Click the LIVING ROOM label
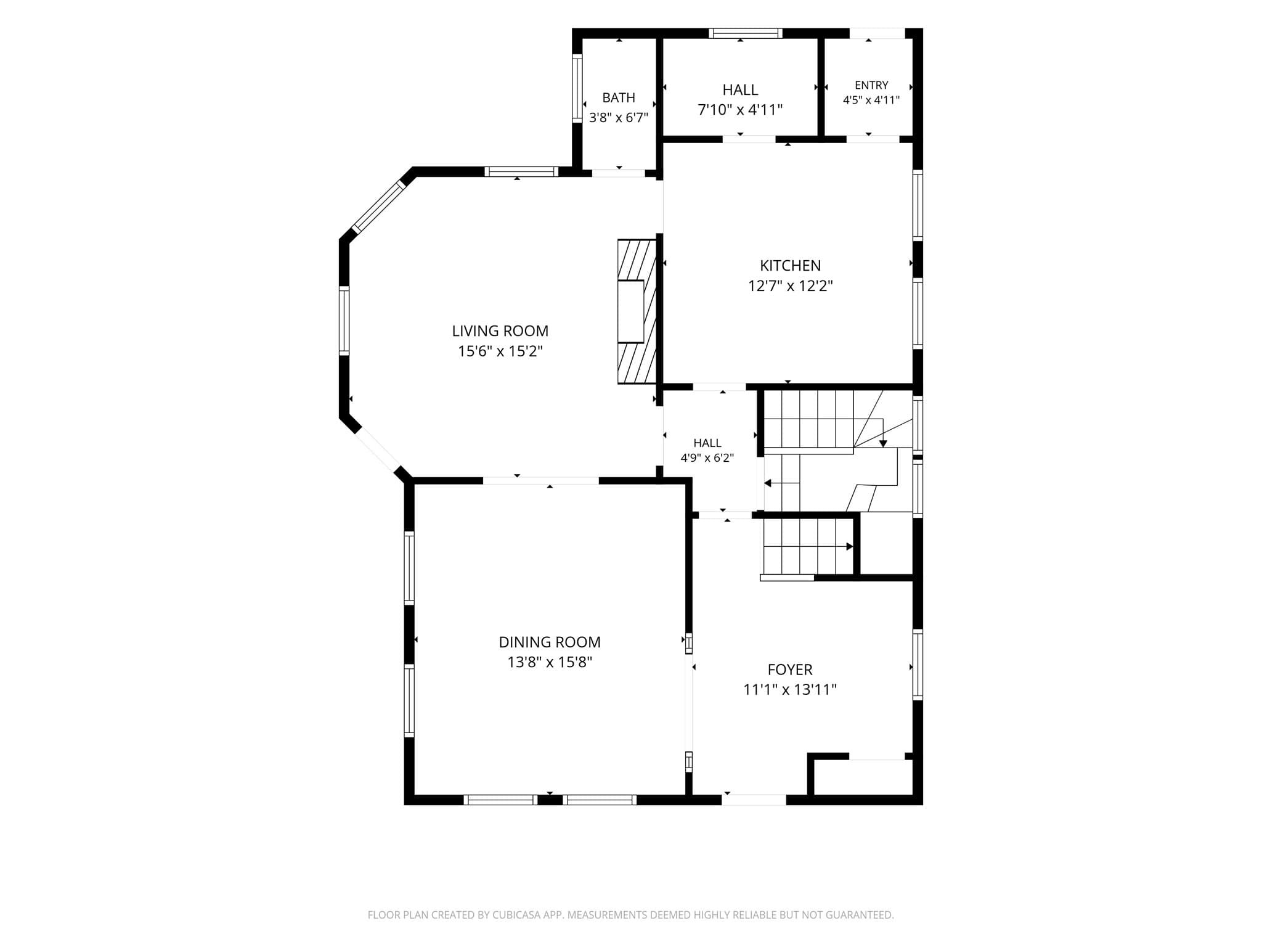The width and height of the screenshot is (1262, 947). (x=500, y=331)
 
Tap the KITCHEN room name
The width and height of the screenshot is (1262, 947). (x=790, y=266)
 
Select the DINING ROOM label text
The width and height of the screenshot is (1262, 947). (x=550, y=642)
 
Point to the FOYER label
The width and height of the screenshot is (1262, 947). (x=790, y=670)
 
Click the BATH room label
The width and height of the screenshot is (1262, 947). (x=619, y=97)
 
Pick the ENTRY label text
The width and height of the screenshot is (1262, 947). (x=871, y=85)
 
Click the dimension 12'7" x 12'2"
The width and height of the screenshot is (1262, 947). (x=791, y=286)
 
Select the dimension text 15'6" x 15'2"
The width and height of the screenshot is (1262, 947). (x=500, y=351)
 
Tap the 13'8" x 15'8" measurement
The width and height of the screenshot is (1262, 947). (x=550, y=662)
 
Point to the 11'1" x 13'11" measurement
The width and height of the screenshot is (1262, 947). (x=790, y=689)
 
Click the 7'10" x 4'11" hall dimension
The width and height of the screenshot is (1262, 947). (x=740, y=110)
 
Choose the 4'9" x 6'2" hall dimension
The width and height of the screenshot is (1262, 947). (x=707, y=457)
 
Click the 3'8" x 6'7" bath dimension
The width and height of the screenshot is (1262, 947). (x=619, y=117)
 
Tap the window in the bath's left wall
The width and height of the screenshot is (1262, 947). (x=577, y=88)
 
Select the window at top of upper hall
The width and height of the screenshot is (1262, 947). (x=745, y=33)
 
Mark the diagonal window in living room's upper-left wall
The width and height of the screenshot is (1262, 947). (x=378, y=206)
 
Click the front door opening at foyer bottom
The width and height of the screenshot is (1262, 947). (x=754, y=800)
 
